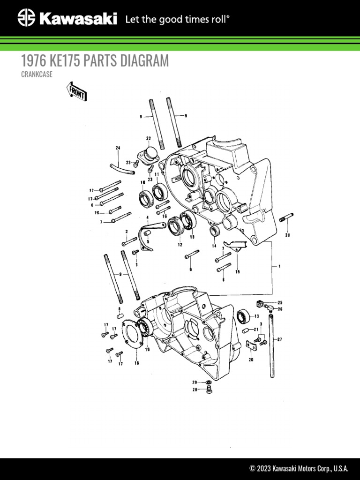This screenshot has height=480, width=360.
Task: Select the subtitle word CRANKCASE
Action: (37, 74)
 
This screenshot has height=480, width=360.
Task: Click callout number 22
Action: (149, 138)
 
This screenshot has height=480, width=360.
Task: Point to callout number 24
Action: (118, 148)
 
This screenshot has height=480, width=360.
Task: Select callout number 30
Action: (287, 235)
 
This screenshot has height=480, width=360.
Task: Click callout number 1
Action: (279, 267)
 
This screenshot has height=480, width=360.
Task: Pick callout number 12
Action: (180, 244)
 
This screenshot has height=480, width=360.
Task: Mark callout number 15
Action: (237, 271)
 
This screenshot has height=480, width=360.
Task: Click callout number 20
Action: (251, 360)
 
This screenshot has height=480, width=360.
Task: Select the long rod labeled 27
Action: (272, 347)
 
